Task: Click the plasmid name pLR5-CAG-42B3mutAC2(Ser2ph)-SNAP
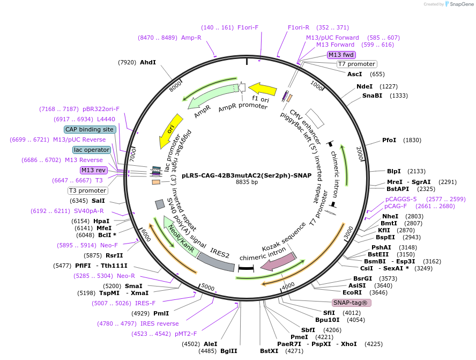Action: point(247,175)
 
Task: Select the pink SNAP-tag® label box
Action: point(351,303)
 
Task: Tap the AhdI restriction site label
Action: point(147,62)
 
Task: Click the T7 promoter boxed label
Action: point(356,64)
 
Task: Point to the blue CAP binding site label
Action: point(90,129)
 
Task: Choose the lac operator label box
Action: point(92,150)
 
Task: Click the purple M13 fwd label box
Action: point(341,55)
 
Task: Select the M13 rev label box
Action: point(94,170)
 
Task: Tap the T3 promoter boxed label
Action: point(87,190)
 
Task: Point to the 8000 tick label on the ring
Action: point(175,86)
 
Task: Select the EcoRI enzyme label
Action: point(352,292)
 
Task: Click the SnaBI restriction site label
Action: point(372,96)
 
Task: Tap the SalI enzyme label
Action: point(98,201)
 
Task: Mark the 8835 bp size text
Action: point(247,182)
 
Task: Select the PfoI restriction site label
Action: point(389,140)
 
